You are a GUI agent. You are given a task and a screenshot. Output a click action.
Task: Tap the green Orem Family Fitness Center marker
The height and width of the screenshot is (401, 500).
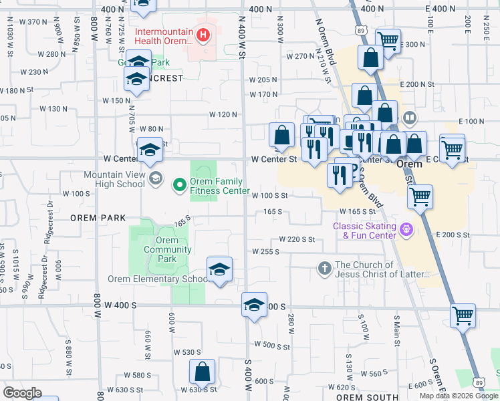pos(179,185)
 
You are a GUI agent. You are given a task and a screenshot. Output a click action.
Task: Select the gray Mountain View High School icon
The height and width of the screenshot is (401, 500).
pos(155,178)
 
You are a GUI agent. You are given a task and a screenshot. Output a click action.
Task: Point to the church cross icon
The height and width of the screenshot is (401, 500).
pos(324,269)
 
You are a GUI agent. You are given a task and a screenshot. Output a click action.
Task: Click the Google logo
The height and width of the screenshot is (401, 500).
pos(22,393)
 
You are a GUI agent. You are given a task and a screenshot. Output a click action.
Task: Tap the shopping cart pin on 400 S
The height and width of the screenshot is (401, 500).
pos(463,315)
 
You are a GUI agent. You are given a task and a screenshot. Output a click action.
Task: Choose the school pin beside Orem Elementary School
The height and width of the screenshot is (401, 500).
pos(219,269)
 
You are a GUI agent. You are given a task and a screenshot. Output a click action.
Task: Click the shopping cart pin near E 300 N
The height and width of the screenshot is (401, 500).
pos(388,40)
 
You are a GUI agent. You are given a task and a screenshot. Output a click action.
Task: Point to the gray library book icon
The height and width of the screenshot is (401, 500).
pos(409,119)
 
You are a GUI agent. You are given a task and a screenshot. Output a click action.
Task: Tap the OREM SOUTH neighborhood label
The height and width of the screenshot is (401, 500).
pos(362,397)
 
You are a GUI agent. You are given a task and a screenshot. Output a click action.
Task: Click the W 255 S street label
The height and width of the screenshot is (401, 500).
pos(265,251)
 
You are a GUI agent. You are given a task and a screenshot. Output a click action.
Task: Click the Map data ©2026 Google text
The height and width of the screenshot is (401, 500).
pos(458,396)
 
